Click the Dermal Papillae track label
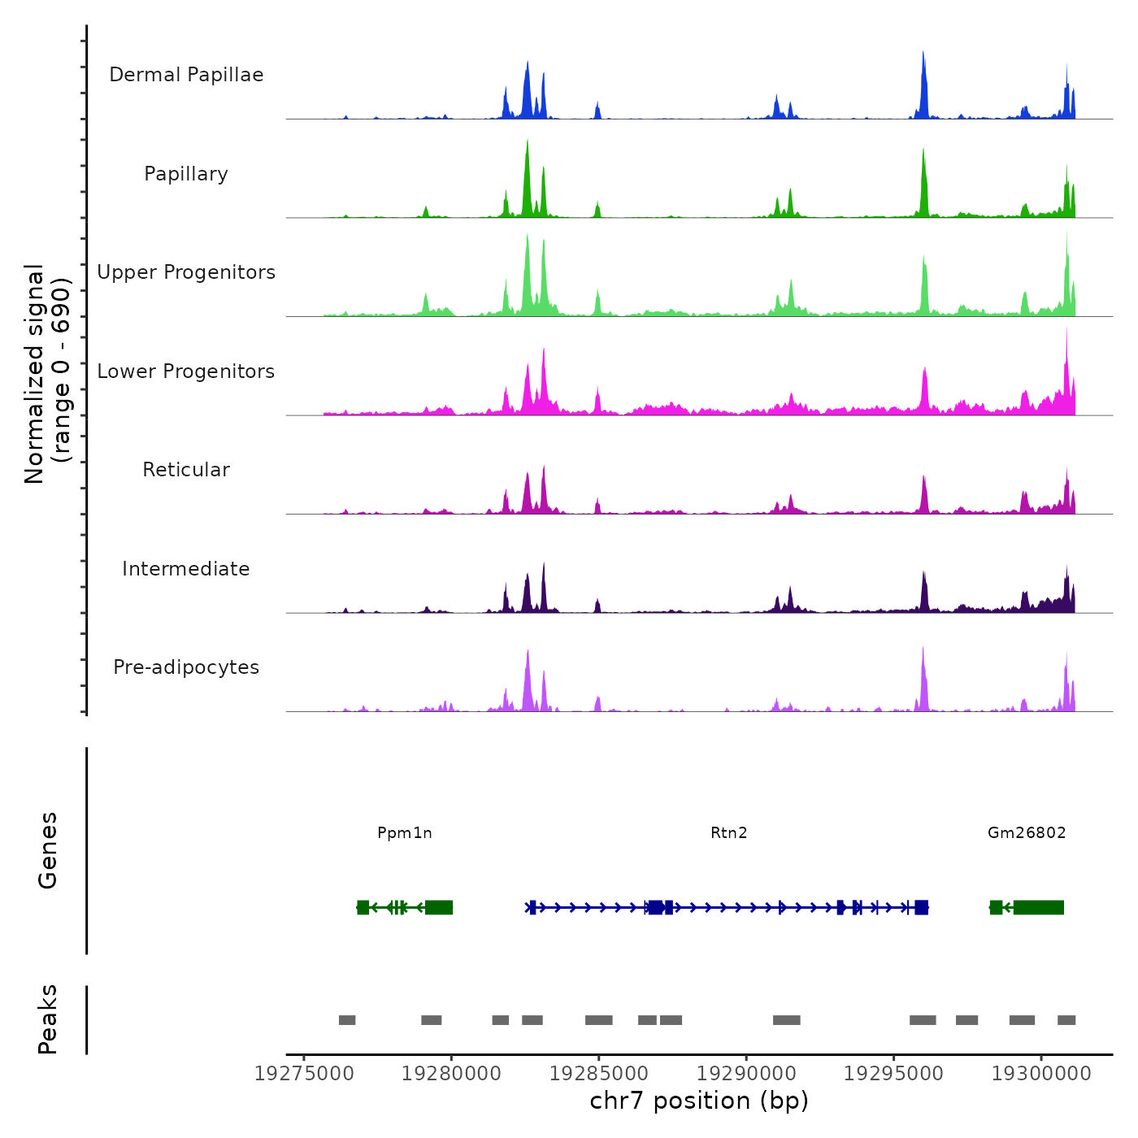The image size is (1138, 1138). click(x=186, y=75)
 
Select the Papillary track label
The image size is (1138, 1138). click(x=186, y=174)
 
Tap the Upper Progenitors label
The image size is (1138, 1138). click(x=186, y=272)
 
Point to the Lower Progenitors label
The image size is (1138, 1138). click(x=186, y=371)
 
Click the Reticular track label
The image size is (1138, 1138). click(x=186, y=470)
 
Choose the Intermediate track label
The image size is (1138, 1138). click(x=186, y=569)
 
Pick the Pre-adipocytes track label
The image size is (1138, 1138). click(x=186, y=667)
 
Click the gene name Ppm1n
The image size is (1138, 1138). click(x=405, y=832)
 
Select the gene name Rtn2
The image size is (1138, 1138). click(x=728, y=832)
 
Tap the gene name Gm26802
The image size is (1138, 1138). click(x=1027, y=832)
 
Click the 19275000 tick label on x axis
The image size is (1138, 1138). click(x=304, y=1074)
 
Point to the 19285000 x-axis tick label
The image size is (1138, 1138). click(x=598, y=1074)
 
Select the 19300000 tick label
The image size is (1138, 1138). click(x=1041, y=1074)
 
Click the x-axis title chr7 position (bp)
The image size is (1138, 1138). click(x=699, y=1101)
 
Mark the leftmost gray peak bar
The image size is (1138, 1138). click(x=347, y=1020)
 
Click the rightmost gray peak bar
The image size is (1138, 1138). click(x=1066, y=1020)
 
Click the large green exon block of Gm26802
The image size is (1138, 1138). click(x=1039, y=907)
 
